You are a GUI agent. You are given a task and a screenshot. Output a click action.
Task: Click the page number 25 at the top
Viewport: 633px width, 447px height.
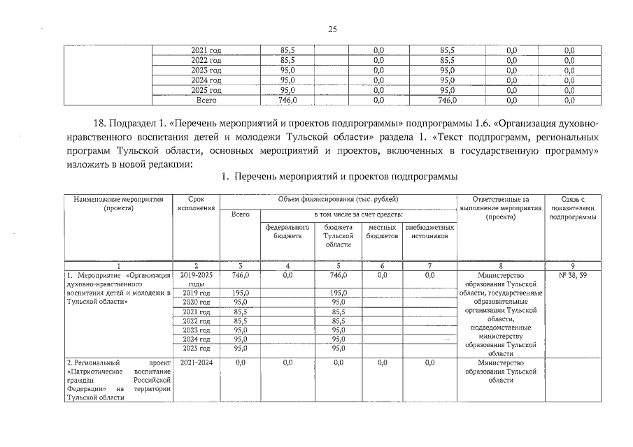(332, 29)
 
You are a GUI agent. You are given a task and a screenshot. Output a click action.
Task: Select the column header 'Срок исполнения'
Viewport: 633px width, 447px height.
(197, 204)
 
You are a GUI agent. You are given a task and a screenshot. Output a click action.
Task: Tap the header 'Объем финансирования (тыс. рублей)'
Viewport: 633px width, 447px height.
(339, 200)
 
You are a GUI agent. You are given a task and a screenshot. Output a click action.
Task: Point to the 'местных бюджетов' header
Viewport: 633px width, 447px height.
(382, 232)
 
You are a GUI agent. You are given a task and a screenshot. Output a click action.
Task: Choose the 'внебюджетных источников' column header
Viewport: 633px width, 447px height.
(429, 232)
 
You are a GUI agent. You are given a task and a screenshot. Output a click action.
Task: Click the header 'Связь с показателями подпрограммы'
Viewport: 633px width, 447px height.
(572, 208)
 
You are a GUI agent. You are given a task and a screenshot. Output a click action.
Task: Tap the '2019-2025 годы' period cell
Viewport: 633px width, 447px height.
(197, 279)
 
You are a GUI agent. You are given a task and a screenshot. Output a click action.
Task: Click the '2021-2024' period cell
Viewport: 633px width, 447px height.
(197, 362)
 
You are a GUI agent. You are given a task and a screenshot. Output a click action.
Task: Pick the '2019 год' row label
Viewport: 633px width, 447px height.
(197, 293)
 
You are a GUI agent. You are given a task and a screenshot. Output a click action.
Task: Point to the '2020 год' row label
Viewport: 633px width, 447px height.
(197, 302)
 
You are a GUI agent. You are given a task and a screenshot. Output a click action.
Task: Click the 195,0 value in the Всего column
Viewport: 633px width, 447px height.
(239, 293)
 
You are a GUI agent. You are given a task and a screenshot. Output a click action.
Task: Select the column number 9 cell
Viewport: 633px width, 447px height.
(572, 266)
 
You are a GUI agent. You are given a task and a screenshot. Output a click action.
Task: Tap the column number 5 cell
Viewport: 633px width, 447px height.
(339, 266)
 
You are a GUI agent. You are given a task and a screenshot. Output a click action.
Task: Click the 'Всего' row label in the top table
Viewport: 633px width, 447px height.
(206, 100)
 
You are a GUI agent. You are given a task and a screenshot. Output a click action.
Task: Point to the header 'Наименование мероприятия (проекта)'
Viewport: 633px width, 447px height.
(118, 204)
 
